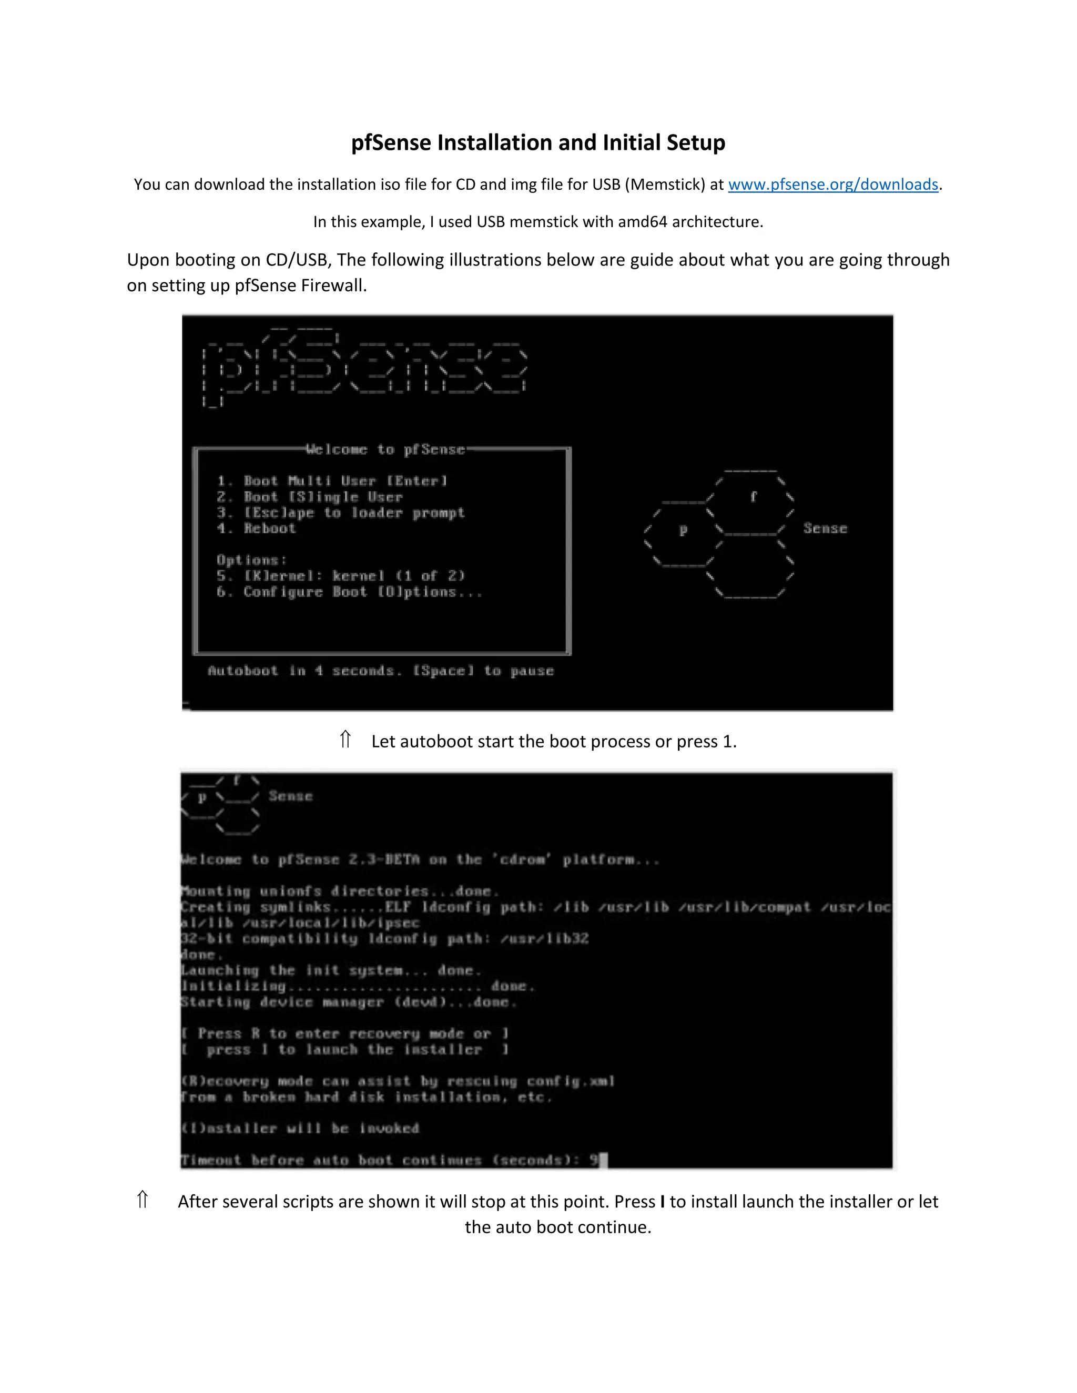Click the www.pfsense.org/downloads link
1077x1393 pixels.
coord(832,185)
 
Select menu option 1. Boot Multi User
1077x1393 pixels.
coord(332,481)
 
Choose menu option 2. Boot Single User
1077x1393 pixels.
coord(309,497)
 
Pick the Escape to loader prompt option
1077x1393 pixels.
coord(341,513)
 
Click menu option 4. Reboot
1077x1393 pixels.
coord(257,528)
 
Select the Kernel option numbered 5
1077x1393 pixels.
coord(341,576)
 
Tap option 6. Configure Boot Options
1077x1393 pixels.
coord(349,592)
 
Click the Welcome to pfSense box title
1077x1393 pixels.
coord(385,449)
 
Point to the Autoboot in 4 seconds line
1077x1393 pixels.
coord(380,671)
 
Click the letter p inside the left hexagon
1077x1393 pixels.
coord(683,529)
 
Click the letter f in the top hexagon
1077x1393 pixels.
coord(754,496)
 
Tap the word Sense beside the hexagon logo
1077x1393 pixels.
coord(825,528)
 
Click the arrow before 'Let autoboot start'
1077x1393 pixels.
coord(345,740)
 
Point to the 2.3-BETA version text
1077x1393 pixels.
coord(384,860)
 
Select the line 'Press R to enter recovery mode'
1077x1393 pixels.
coord(344,1033)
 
